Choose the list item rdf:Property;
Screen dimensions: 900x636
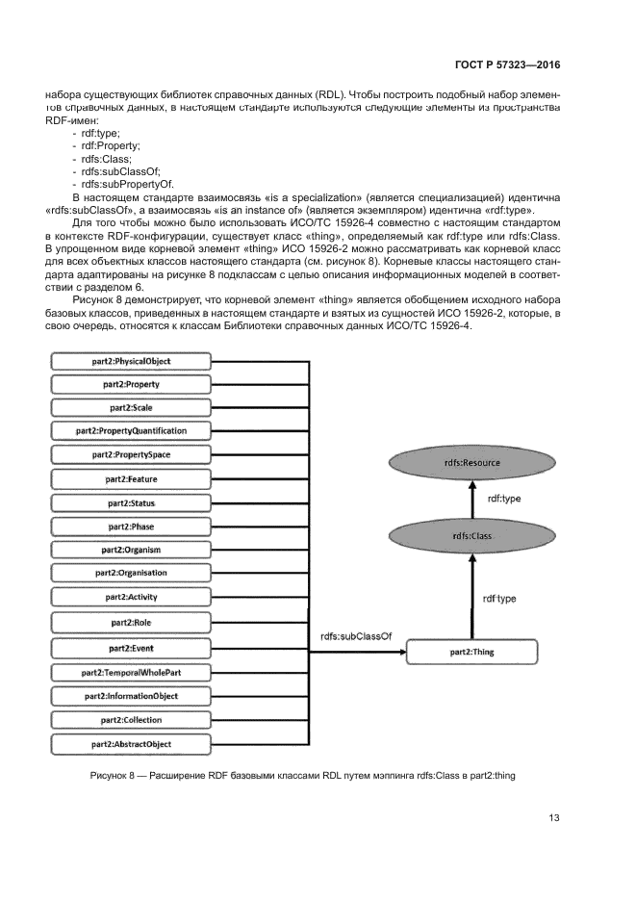(111, 145)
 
